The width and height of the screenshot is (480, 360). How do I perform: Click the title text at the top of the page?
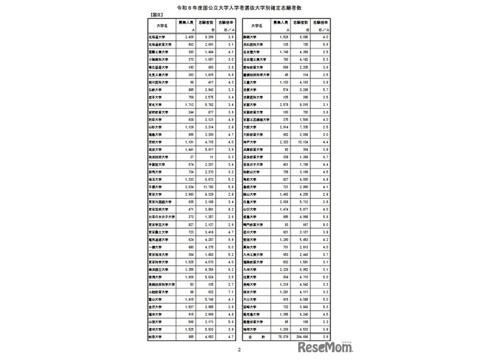coord(239,7)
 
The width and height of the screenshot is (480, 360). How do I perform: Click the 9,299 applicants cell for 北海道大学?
coord(205,36)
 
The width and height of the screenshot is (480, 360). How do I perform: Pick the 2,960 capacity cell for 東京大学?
coord(185,194)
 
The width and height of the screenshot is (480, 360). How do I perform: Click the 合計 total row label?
coord(257,336)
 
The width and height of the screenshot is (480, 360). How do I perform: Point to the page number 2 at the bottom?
coord(239,350)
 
